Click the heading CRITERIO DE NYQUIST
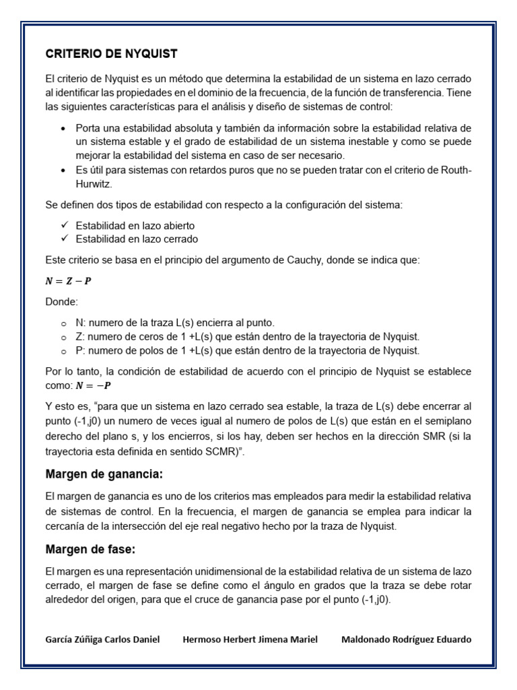111,53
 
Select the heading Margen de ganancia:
104,474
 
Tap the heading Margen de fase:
90,549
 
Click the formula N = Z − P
68,281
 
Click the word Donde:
61,303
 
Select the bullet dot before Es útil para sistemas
63,170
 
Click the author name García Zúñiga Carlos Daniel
102,639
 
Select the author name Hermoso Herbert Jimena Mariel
250,639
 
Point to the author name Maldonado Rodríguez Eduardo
407,639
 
